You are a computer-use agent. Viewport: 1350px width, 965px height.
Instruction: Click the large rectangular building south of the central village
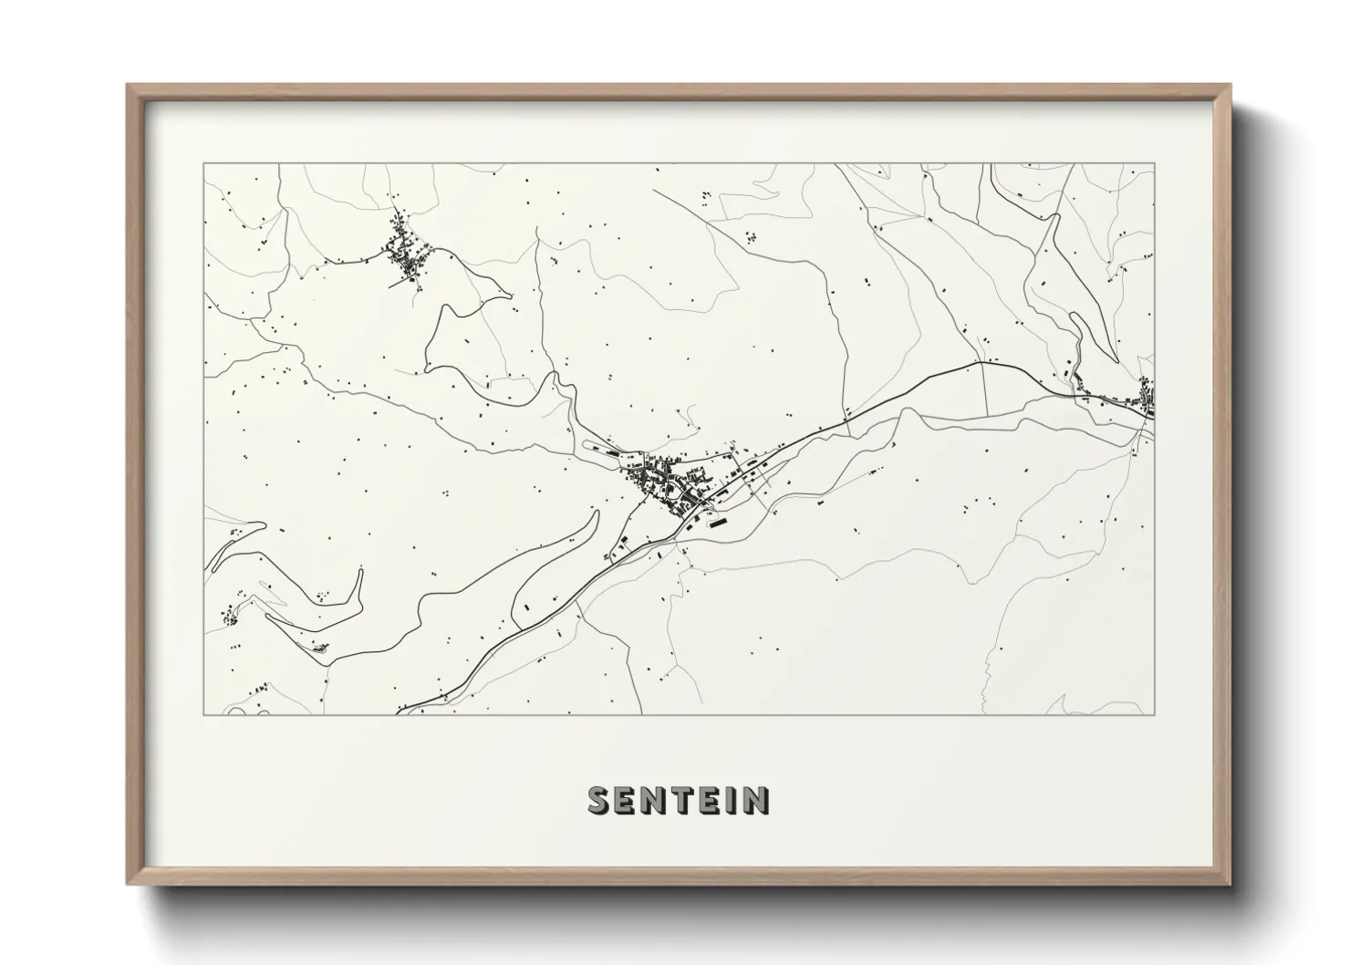[x=716, y=524]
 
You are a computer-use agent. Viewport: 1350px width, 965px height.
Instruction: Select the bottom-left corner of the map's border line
[x=203, y=714]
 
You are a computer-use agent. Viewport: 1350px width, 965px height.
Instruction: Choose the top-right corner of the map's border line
[x=1154, y=164]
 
